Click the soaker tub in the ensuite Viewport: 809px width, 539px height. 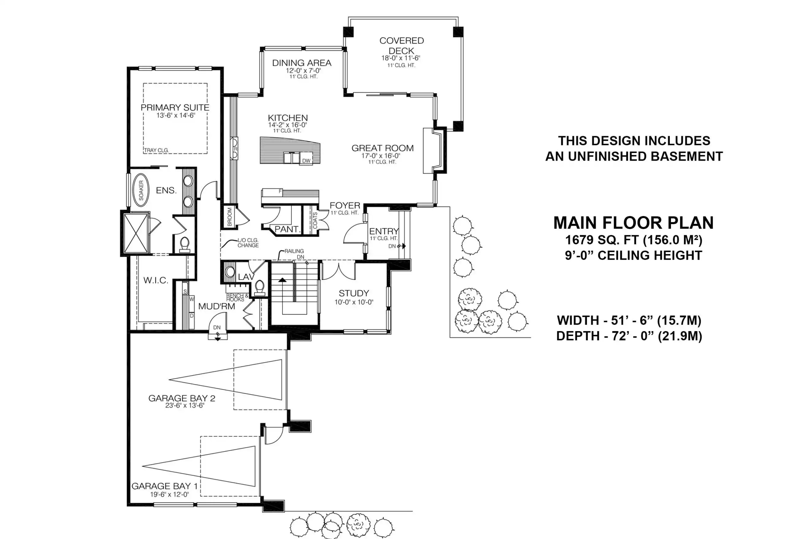(141, 190)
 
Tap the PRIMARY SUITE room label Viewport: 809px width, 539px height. (175, 108)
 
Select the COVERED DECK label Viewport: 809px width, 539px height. (401, 46)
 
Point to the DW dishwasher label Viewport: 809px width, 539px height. (306, 161)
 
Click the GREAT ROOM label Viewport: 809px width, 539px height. (382, 148)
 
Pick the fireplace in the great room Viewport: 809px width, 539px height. (432, 151)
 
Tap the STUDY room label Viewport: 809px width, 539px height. (354, 293)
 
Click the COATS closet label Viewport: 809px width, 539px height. (315, 220)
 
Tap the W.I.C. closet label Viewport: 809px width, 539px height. (156, 281)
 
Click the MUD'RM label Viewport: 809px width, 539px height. (217, 306)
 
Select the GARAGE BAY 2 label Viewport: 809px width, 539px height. (182, 398)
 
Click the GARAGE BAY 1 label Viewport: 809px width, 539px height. (165, 486)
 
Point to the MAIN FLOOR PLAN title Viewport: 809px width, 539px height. (633, 223)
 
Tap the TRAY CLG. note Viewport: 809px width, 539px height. (156, 150)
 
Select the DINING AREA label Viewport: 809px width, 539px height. (302, 63)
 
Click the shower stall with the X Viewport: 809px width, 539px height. (136, 233)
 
